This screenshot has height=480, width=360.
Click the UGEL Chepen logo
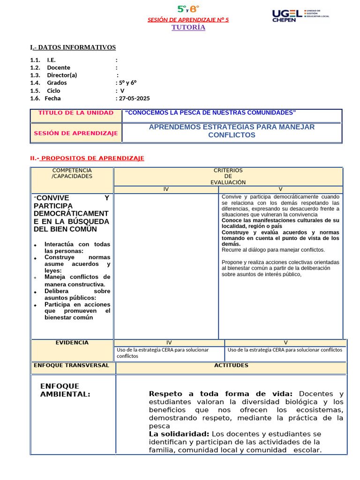(300, 15)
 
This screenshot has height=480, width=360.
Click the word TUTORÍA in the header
(188, 27)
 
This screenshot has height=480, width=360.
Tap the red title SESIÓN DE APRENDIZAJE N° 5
(188, 20)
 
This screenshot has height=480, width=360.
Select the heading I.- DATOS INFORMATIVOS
(73, 47)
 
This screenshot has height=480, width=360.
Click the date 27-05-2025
(135, 98)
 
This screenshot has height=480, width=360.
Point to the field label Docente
(59, 67)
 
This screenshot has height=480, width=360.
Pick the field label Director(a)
(62, 75)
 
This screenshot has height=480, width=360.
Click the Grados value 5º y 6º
(127, 83)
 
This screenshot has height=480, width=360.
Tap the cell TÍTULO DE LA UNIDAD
(75, 113)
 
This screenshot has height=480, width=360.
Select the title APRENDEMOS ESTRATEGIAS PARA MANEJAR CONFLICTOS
(232, 131)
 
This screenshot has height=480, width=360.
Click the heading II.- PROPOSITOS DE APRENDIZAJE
(87, 158)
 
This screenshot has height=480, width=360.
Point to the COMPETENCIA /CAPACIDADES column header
(72, 173)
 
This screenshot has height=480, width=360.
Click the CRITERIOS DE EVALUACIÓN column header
(228, 176)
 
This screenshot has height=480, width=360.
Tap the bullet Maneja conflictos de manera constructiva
(77, 280)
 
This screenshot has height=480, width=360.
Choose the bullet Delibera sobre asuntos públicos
(77, 294)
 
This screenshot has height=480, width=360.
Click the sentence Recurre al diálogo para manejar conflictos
(273, 250)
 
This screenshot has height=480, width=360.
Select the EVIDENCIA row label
(72, 343)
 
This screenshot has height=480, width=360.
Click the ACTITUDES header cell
(231, 365)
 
